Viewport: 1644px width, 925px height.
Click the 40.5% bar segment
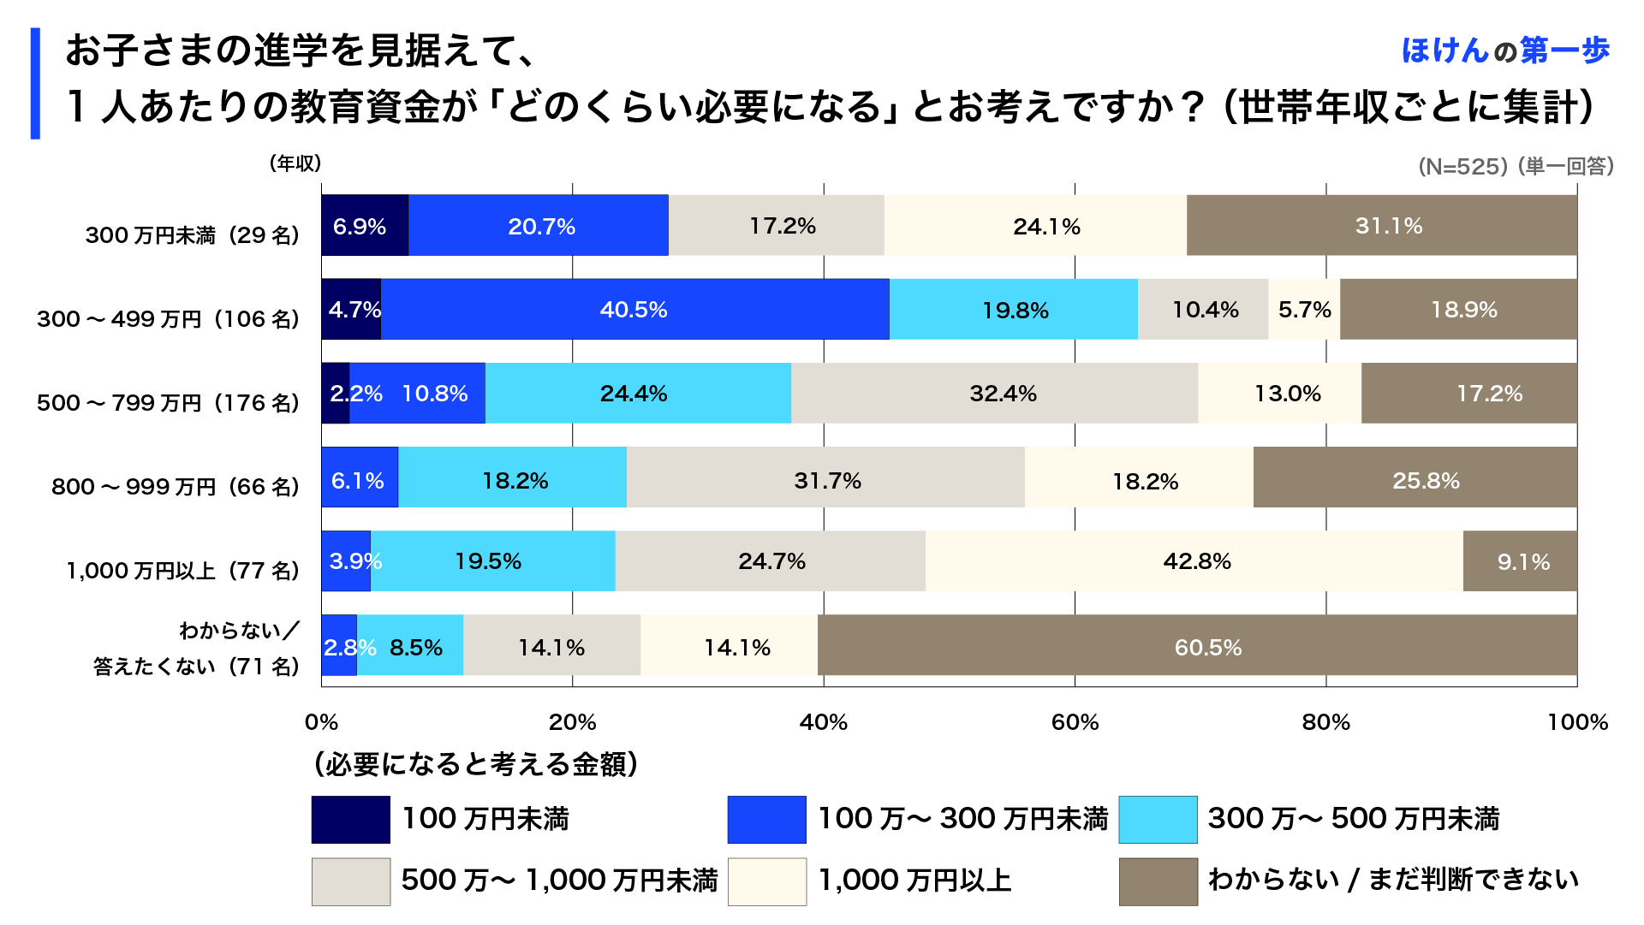pyautogui.click(x=634, y=309)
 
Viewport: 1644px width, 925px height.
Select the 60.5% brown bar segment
pyautogui.click(x=1197, y=645)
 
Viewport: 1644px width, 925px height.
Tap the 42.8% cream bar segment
pyautogui.click(x=1194, y=561)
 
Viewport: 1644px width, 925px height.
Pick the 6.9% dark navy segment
pyautogui.click(x=364, y=225)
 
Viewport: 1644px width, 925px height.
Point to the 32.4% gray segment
pyautogui.click(x=994, y=393)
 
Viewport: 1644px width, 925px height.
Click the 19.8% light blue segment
pyautogui.click(x=1014, y=309)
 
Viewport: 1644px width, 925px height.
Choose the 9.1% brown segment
pyautogui.click(x=1521, y=561)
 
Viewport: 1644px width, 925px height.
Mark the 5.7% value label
pyautogui.click(x=1304, y=310)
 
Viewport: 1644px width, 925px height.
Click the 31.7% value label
pyautogui.click(x=827, y=481)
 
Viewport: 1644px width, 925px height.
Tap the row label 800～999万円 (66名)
pyautogui.click(x=175, y=487)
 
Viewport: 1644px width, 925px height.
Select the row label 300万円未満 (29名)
pyautogui.click(x=192, y=235)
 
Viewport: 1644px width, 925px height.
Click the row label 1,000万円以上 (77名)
pyautogui.click(x=182, y=571)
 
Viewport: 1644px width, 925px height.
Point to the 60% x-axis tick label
pyautogui.click(x=1075, y=722)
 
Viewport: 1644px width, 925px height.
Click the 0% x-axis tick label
pyautogui.click(x=321, y=722)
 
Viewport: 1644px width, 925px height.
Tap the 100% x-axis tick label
pyautogui.click(x=1577, y=722)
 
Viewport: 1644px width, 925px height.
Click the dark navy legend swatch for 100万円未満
pyautogui.click(x=350, y=820)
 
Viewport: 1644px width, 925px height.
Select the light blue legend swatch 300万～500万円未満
pyautogui.click(x=1158, y=820)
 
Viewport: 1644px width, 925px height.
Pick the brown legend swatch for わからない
pyautogui.click(x=1158, y=881)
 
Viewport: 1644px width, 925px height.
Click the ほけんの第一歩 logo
pyautogui.click(x=1505, y=50)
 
